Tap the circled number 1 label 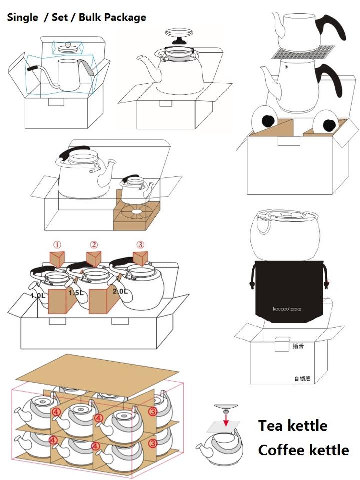(58, 245)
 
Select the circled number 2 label (94, 245)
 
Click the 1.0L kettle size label (38, 295)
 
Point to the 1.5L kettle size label (76, 292)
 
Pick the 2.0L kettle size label (120, 291)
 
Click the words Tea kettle (292, 426)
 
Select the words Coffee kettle (303, 450)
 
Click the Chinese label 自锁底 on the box (302, 379)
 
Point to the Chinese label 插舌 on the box (298, 346)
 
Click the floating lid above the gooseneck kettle (67, 48)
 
